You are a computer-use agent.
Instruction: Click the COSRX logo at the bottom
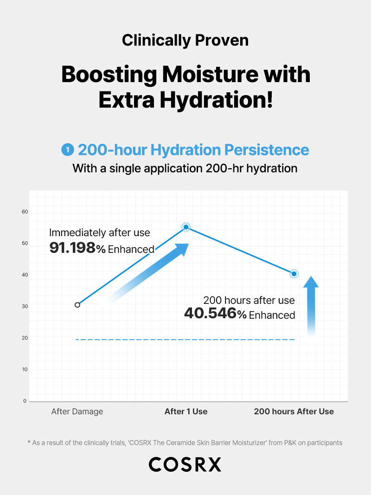coord(185,464)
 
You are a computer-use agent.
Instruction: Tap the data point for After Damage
coord(77,305)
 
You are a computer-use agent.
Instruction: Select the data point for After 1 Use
coord(186,227)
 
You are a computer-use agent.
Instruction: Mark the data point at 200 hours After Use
coord(294,274)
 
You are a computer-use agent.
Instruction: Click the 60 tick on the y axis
coord(25,212)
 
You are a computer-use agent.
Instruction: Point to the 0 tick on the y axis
coord(25,401)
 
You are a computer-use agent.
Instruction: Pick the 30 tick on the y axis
coord(25,306)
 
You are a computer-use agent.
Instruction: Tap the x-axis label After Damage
coord(77,411)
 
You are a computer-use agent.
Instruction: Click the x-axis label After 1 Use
coord(186,411)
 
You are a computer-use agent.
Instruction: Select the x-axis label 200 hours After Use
coord(294,411)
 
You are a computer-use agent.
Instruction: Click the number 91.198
coord(72,248)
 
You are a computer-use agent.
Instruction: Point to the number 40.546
coord(210,314)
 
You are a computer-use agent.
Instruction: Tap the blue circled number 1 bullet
coord(68,150)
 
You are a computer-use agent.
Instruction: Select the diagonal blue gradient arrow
coord(148,274)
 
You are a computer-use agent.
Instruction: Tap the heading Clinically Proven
coord(185,40)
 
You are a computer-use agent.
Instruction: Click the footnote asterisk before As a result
coord(29,443)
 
